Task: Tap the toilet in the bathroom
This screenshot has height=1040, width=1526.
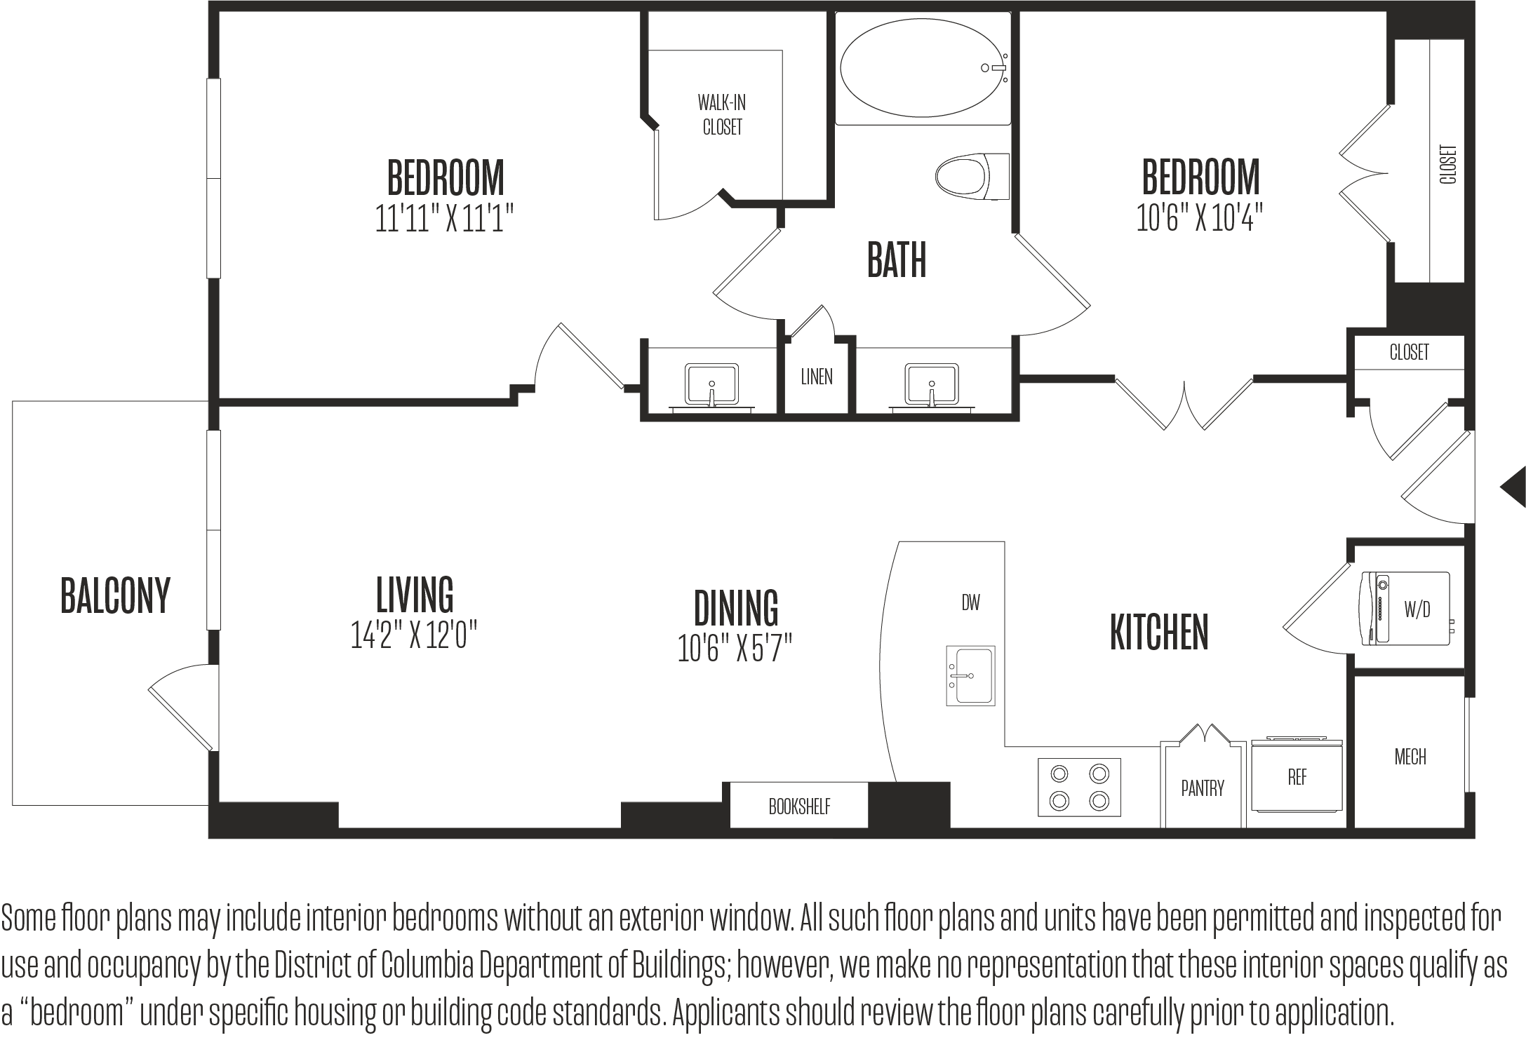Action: tap(972, 177)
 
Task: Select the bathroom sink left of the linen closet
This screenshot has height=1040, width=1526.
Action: tap(711, 385)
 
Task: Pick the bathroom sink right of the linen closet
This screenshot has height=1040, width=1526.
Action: tap(932, 385)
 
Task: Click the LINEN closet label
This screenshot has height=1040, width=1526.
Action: tap(817, 377)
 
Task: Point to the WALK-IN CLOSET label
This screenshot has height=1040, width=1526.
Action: tap(722, 115)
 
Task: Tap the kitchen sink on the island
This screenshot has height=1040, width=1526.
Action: tap(970, 675)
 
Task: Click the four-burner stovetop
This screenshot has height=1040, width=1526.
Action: tap(1079, 787)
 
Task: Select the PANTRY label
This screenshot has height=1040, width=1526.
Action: tap(1203, 788)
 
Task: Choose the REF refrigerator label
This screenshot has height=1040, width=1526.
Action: tap(1297, 777)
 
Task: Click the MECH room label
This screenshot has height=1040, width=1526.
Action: tap(1410, 757)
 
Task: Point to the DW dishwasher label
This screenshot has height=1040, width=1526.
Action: tap(971, 602)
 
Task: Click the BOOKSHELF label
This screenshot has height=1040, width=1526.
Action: tap(799, 806)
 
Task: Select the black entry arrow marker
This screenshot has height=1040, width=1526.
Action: tap(1514, 486)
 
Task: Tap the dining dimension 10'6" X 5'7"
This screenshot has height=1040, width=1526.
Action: tap(735, 649)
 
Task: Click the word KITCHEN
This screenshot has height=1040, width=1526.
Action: tap(1159, 632)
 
